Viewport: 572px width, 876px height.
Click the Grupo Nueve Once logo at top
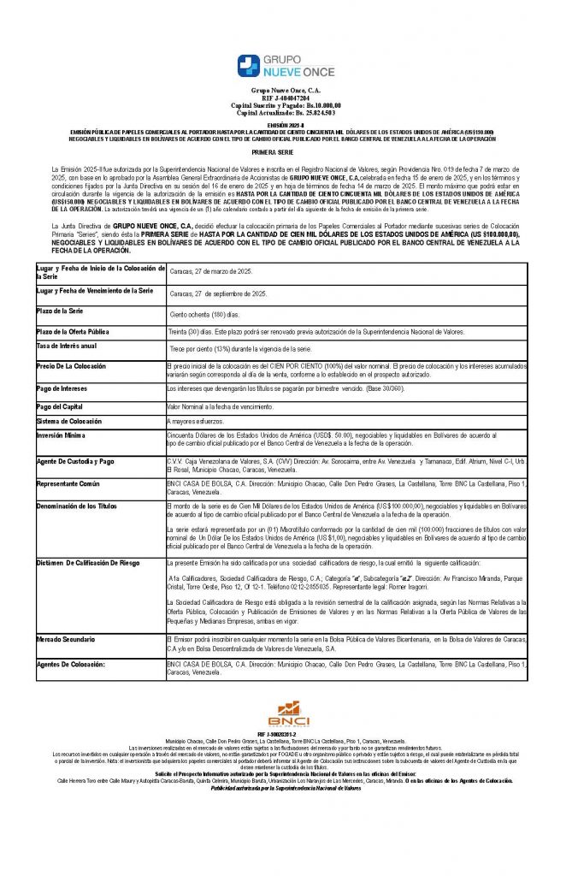coord(286,66)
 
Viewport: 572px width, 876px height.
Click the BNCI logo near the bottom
coord(286,712)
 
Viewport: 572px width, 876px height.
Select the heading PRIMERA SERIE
coord(286,151)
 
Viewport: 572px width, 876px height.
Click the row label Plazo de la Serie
coord(59,310)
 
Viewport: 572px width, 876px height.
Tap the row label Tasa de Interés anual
coord(67,346)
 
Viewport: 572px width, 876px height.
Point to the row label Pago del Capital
coord(60,405)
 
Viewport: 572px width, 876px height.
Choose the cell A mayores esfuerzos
coord(196,423)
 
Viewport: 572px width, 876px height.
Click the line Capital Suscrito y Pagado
coord(286,105)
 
